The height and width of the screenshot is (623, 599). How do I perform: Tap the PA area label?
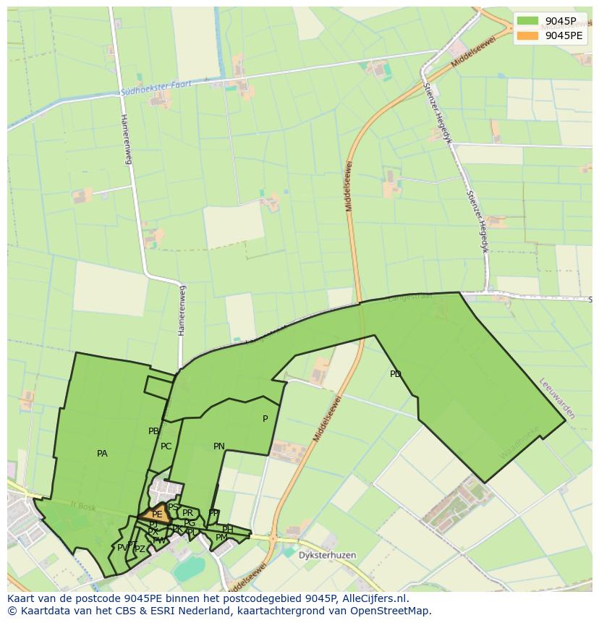tap(102, 454)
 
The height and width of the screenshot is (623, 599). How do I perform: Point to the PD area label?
tap(395, 374)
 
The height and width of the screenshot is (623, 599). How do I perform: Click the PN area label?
tap(219, 446)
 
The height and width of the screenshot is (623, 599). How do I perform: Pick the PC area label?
tap(166, 446)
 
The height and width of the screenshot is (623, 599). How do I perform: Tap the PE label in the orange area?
tap(157, 514)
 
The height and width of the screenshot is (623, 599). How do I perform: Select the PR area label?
tap(188, 513)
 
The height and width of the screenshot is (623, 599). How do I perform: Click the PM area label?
tap(221, 538)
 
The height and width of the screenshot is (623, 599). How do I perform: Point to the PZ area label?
tap(140, 549)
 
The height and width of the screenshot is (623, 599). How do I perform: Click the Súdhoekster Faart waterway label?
tap(156, 88)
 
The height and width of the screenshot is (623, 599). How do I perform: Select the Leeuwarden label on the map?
tap(557, 398)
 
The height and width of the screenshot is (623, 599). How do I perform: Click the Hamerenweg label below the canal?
tap(127, 139)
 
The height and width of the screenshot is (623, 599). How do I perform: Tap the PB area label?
tap(153, 431)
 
